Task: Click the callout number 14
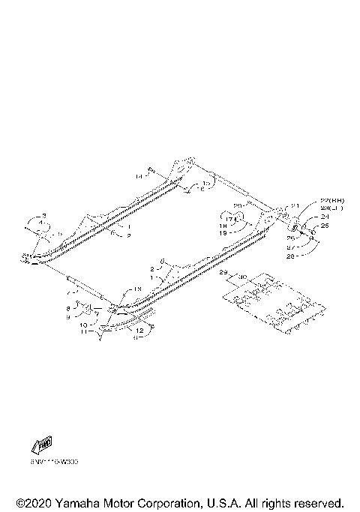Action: pos(139,177)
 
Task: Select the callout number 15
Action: pos(205,183)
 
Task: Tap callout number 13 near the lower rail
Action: pos(137,289)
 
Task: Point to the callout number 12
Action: pos(139,328)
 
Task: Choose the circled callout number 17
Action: pos(223,218)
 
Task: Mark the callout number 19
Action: pos(223,233)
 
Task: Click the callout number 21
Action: pos(295,206)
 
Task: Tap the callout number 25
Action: pos(325,225)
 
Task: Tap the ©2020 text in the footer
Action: pos(31,502)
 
